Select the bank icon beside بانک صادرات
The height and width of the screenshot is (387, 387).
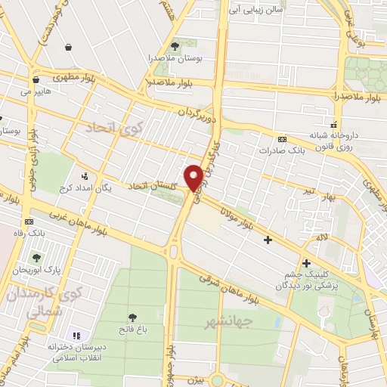point(283,140)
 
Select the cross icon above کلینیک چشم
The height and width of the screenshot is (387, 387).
point(306,263)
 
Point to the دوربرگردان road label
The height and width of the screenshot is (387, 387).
point(196,116)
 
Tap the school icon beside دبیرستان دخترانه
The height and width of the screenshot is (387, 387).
point(76,335)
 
